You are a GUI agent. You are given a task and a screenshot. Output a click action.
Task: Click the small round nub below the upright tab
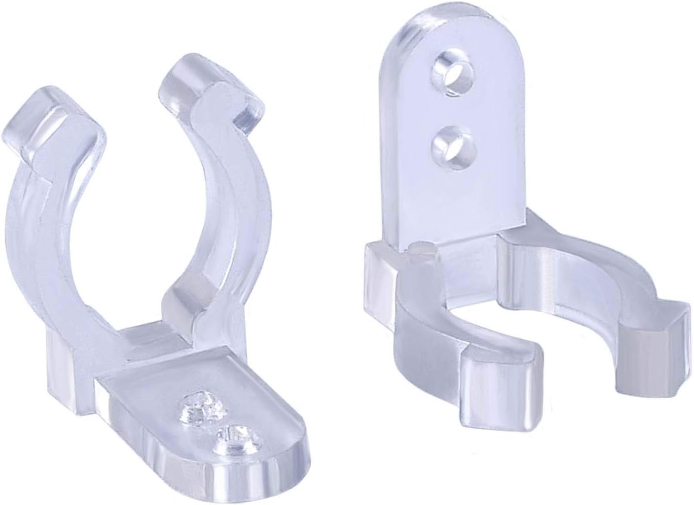[421, 251]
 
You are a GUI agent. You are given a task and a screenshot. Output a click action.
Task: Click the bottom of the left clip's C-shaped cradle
[142, 337]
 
